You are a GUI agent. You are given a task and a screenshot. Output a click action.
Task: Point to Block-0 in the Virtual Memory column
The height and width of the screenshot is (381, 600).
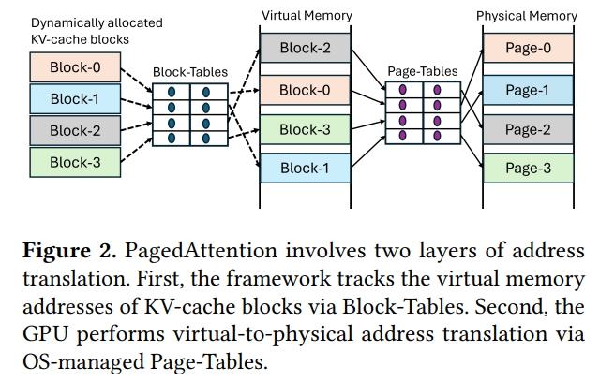pyautogui.click(x=305, y=90)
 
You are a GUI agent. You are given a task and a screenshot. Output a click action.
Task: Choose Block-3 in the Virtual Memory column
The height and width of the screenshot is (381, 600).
pyautogui.click(x=305, y=129)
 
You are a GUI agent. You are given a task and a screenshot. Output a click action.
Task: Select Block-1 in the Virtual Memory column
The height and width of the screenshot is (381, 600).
pyautogui.click(x=305, y=169)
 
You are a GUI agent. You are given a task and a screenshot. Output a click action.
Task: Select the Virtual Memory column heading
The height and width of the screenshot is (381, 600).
pyautogui.click(x=305, y=16)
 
